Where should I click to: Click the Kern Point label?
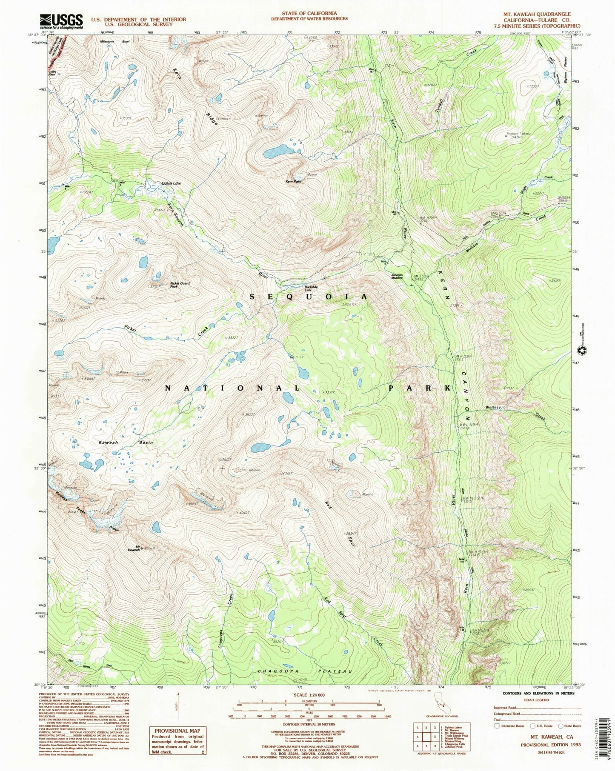point(293,181)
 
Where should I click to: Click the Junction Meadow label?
point(397,276)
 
